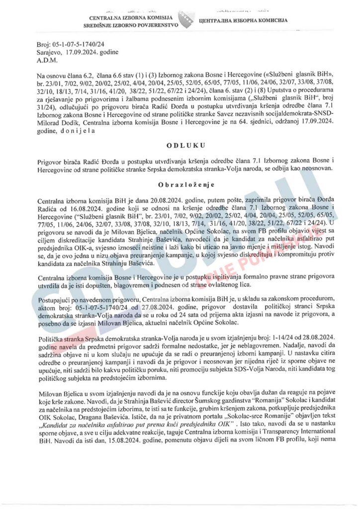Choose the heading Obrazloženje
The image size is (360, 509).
(180, 183)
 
